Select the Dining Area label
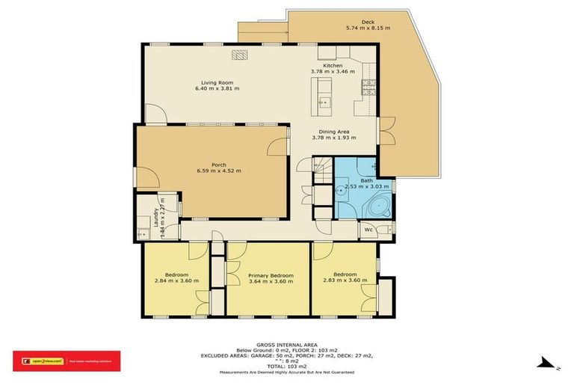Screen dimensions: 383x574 [x=333, y=132]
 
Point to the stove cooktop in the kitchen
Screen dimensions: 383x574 [x=368, y=85]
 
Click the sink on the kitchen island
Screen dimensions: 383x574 [x=322, y=102]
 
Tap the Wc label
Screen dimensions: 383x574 [x=368, y=230]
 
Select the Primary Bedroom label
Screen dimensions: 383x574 [x=270, y=275]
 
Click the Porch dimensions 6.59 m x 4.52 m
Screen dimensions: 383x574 [x=219, y=171]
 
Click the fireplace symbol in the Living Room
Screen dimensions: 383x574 [x=239, y=54]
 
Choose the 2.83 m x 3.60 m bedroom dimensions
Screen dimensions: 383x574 [x=345, y=281]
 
